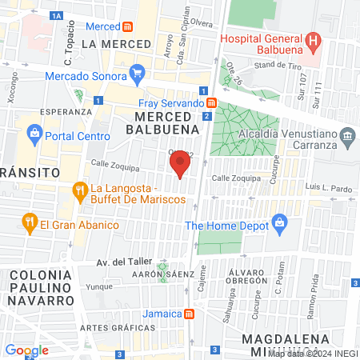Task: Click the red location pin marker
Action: point(180,164)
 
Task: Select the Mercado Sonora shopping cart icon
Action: point(137,76)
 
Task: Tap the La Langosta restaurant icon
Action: point(79,191)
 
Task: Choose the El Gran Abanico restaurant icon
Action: point(30,223)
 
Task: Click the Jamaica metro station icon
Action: point(189,314)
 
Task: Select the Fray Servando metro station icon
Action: point(211,103)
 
